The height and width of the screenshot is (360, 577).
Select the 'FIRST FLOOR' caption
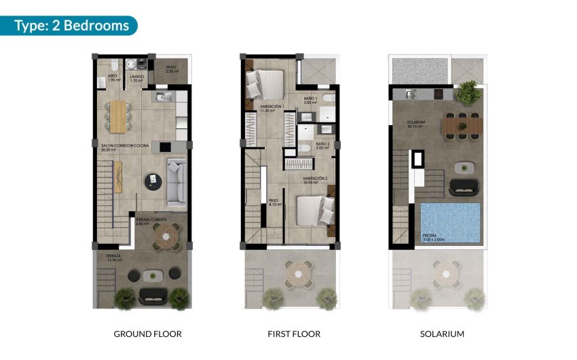click(293, 334)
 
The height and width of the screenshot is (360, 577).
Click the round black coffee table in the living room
click(152, 180)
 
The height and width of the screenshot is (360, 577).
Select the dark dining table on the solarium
click(462, 125)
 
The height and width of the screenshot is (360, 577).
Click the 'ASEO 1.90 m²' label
click(113, 78)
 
